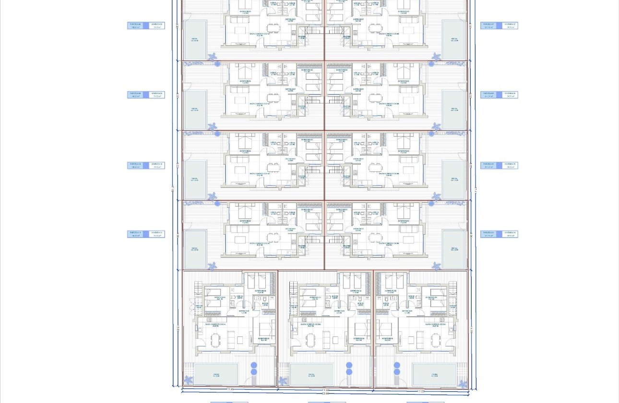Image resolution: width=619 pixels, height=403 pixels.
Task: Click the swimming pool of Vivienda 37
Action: (x=453, y=40)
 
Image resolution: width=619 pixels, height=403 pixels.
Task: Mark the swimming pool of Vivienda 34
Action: (x=453, y=249)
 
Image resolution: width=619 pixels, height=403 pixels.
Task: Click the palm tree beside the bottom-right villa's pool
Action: (x=462, y=384)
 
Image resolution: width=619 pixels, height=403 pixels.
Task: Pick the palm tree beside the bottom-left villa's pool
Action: (x=189, y=380)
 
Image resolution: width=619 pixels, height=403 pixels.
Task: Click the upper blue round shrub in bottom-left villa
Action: (x=254, y=365)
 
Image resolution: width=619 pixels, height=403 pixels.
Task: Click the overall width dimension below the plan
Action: (x=325, y=395)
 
